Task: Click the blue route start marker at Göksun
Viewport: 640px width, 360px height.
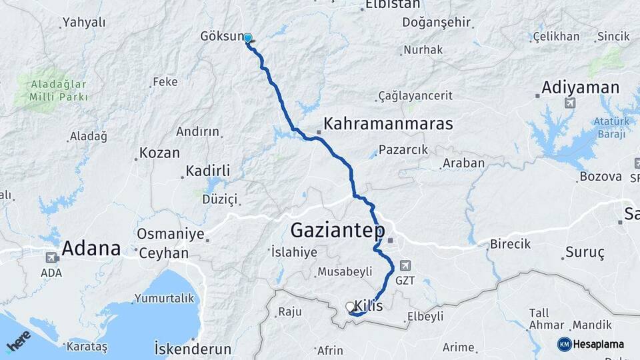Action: pyautogui.click(x=248, y=39)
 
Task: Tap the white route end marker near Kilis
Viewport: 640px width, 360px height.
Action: pyautogui.click(x=350, y=307)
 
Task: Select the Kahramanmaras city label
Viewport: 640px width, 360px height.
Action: pyautogui.click(x=388, y=124)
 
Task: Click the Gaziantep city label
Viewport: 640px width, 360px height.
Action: pyautogui.click(x=338, y=231)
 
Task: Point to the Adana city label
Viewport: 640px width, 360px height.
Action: pyautogui.click(x=91, y=249)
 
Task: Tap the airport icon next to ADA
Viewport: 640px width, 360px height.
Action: pyautogui.click(x=51, y=257)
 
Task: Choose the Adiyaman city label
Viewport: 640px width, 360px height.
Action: pyautogui.click(x=580, y=87)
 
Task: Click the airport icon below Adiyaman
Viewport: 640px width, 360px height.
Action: pyautogui.click(x=569, y=103)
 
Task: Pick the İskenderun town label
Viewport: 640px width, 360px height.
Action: pyautogui.click(x=192, y=349)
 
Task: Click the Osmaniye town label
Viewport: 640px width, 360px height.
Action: pyautogui.click(x=169, y=234)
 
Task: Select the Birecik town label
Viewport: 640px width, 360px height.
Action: pyautogui.click(x=510, y=244)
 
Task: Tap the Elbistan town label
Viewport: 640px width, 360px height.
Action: pyautogui.click(x=393, y=5)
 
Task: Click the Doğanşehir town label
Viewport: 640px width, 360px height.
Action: pyautogui.click(x=436, y=22)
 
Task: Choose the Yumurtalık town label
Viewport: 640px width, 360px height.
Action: pyautogui.click(x=164, y=297)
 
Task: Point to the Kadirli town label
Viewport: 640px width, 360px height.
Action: pyautogui.click(x=207, y=171)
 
